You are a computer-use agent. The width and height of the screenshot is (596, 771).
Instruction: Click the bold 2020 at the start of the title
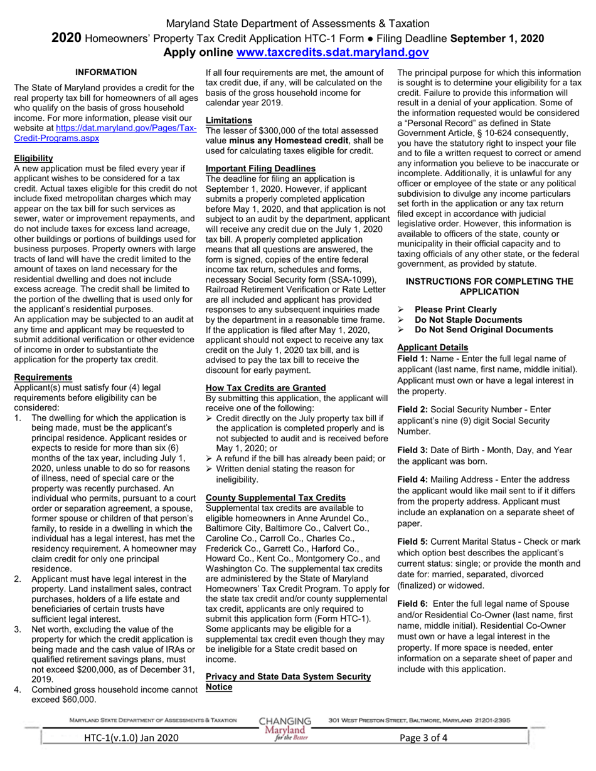(66, 38)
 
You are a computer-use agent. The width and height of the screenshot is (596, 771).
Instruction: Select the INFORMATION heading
(106, 73)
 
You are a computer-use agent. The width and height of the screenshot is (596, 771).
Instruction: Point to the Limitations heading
(229, 120)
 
